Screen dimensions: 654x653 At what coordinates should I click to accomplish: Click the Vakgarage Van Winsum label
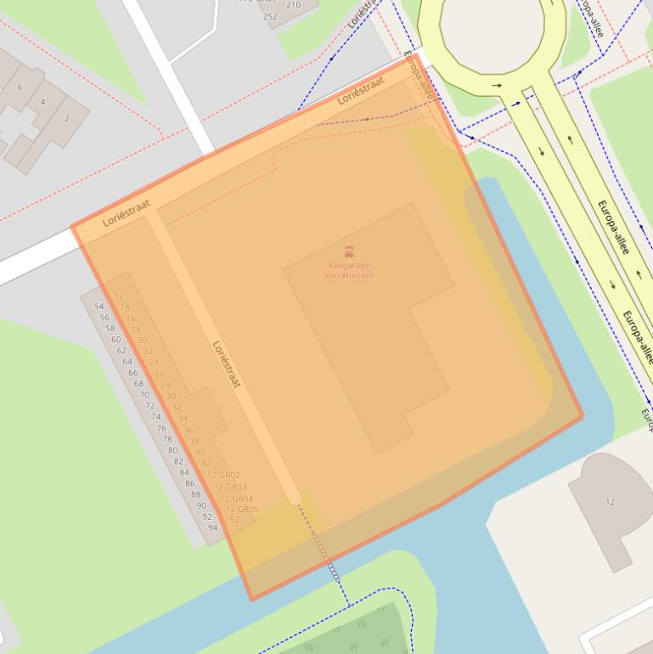click(x=349, y=270)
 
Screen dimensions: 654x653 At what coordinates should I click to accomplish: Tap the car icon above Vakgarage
click(x=349, y=251)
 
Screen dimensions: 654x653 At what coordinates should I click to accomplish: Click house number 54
click(x=99, y=307)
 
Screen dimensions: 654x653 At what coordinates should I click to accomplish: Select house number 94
click(x=212, y=527)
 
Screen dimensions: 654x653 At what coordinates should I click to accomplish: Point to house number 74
click(x=155, y=417)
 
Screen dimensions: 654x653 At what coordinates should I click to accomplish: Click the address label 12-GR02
click(x=224, y=475)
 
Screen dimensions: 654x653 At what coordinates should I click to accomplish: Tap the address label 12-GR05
click(x=242, y=510)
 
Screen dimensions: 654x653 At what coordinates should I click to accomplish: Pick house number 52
click(x=235, y=520)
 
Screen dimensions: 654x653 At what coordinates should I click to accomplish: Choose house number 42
click(x=205, y=463)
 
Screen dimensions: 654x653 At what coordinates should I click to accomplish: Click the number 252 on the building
click(x=270, y=16)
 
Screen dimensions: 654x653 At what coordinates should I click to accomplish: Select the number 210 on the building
click(x=293, y=5)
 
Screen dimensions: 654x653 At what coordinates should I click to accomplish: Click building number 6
click(x=20, y=87)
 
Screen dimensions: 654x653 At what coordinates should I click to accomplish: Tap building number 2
click(x=66, y=118)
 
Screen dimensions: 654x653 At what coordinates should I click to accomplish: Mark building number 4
click(x=42, y=102)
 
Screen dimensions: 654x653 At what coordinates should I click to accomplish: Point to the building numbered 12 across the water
click(x=610, y=502)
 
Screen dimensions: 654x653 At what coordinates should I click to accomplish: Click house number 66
click(x=132, y=373)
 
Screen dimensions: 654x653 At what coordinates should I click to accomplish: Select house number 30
click(x=171, y=397)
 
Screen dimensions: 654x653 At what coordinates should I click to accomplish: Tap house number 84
click(x=184, y=472)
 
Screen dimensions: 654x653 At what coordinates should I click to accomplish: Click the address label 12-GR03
click(x=230, y=487)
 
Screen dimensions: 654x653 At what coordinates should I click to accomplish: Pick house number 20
click(x=142, y=340)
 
